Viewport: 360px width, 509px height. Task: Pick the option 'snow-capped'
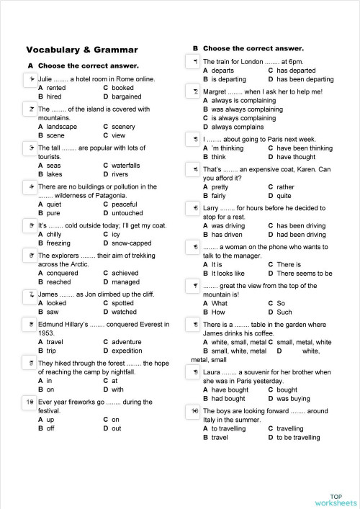(x=133, y=243)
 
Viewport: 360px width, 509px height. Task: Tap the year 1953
(x=46, y=333)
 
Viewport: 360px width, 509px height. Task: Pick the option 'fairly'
(x=219, y=196)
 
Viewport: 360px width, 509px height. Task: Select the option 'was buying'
(x=294, y=398)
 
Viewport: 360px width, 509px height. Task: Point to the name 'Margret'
(x=217, y=91)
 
